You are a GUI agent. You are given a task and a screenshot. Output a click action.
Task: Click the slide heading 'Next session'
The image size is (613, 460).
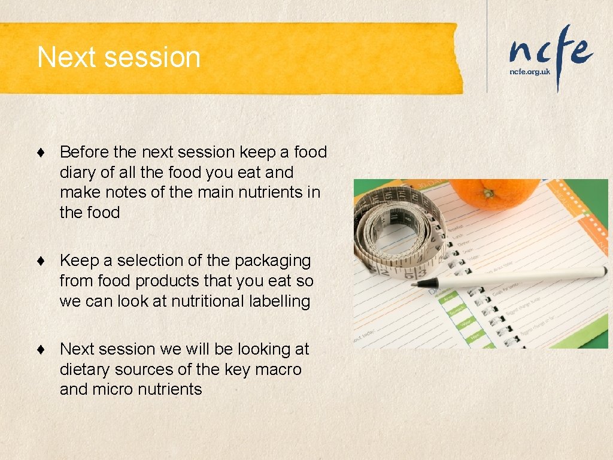119,57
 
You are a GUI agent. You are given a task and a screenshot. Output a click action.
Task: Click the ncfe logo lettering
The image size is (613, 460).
550,52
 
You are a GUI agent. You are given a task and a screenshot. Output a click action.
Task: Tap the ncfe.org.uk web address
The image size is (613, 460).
529,71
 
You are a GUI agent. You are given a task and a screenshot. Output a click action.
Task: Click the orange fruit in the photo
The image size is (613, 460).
494,193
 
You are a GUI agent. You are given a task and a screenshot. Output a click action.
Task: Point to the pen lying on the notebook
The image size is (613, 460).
509,277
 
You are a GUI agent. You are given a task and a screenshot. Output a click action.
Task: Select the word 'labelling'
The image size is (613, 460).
279,301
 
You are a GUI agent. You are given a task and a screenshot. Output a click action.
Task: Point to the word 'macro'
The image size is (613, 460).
278,370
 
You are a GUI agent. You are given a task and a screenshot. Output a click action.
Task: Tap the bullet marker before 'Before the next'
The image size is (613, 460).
41,153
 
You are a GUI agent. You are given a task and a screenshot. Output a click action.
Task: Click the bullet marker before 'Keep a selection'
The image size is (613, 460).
41,262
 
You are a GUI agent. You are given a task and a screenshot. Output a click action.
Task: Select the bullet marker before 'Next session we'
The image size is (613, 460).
41,350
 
